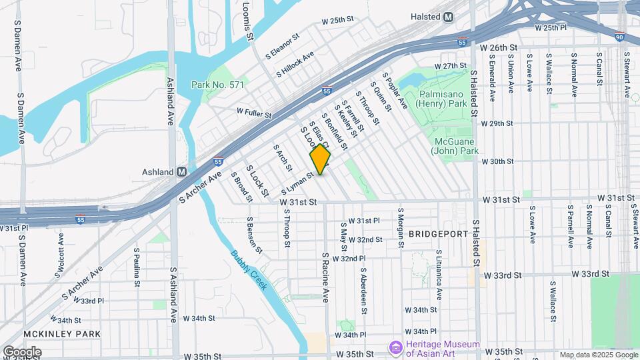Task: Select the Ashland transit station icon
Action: (181, 171)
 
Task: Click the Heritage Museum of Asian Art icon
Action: (396, 348)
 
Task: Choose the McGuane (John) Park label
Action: (457, 147)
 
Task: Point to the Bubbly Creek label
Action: (249, 269)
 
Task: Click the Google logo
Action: (21, 352)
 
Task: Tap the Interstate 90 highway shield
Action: (620, 37)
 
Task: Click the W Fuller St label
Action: (253, 115)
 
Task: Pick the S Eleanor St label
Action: (285, 47)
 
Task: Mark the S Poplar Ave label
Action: (394, 91)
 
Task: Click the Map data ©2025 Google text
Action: (598, 355)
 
